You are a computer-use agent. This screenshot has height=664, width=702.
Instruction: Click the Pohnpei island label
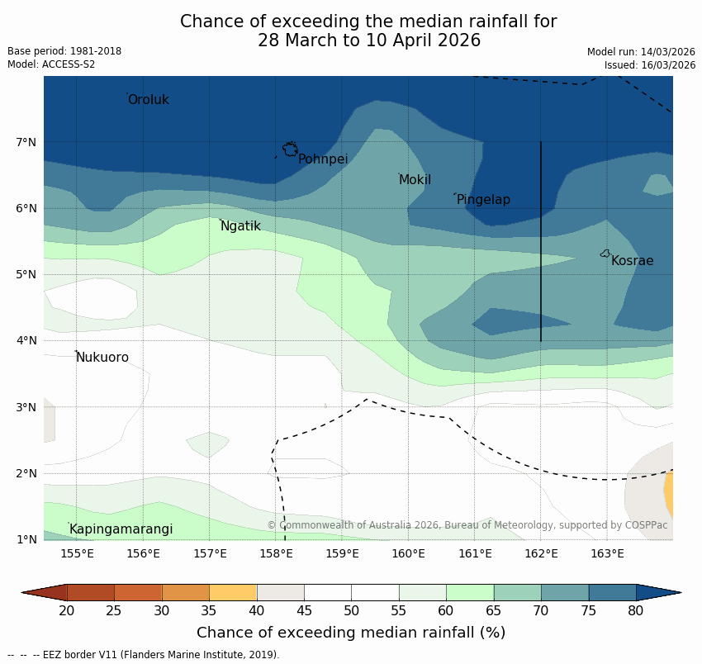point(323,159)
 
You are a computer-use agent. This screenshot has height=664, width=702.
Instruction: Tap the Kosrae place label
point(632,261)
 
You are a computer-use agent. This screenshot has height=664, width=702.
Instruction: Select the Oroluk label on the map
point(148,100)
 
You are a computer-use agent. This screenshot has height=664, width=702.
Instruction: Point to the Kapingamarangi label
point(121,529)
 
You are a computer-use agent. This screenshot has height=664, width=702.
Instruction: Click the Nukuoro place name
point(102,358)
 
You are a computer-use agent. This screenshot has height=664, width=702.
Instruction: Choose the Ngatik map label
point(240,226)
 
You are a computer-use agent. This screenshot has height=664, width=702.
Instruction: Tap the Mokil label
point(415,180)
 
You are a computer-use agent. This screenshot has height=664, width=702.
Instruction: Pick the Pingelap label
point(483,200)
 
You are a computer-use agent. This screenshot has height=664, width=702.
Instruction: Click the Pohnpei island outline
point(290,149)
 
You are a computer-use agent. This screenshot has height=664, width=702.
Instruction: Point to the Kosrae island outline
point(605,254)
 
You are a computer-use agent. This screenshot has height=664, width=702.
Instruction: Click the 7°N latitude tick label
point(26,142)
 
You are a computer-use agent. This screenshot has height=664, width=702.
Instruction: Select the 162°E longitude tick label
point(541,553)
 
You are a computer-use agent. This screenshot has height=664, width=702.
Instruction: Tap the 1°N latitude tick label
point(26,539)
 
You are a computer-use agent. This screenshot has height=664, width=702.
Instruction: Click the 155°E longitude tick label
point(77,553)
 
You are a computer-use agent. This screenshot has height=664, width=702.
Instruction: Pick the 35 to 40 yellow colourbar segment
point(233,592)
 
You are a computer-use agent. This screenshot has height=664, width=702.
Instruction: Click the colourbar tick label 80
point(636,611)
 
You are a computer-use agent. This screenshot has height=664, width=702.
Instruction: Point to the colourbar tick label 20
point(67,611)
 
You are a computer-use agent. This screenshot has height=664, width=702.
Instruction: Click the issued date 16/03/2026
point(650,65)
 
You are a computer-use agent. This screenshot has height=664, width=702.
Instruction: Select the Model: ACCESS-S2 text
point(51,64)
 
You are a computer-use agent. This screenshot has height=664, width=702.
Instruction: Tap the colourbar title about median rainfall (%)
point(351,633)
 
